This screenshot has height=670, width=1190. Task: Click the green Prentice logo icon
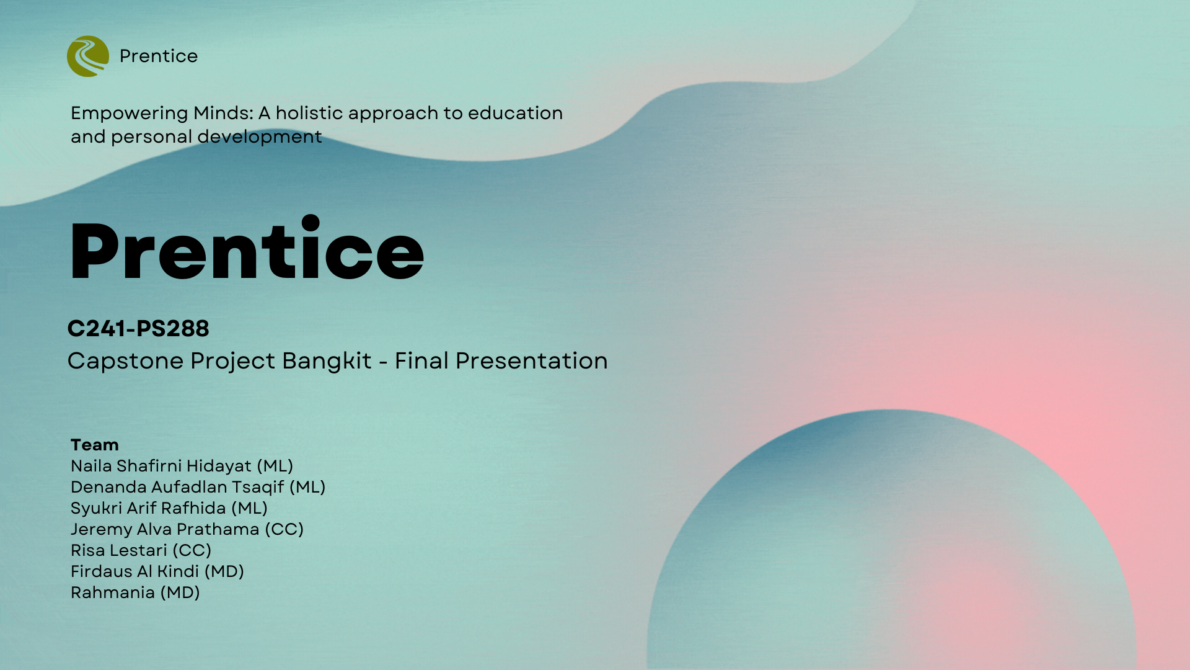pos(88,56)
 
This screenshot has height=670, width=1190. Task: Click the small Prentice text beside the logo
pos(159,56)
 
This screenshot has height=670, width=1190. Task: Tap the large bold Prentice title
pos(247,249)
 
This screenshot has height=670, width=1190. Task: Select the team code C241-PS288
pos(138,328)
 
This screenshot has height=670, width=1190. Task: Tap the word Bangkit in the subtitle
pos(327,361)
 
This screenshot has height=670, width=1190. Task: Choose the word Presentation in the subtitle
pos(531,360)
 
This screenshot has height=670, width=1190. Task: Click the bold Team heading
pos(94,445)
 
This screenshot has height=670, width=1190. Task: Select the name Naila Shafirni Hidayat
pos(161,466)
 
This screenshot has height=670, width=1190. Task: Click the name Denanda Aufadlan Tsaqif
pos(177,487)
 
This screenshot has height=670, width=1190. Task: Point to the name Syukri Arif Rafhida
pos(148,508)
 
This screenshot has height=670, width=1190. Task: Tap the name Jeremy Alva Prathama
pos(165,529)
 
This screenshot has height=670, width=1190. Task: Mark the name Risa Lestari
pos(119,550)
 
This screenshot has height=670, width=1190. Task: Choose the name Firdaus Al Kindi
pos(134,571)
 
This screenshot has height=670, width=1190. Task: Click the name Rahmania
pos(113,592)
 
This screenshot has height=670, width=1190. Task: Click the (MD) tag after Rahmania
pos(180,592)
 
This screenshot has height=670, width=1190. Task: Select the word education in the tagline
pos(515,113)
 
